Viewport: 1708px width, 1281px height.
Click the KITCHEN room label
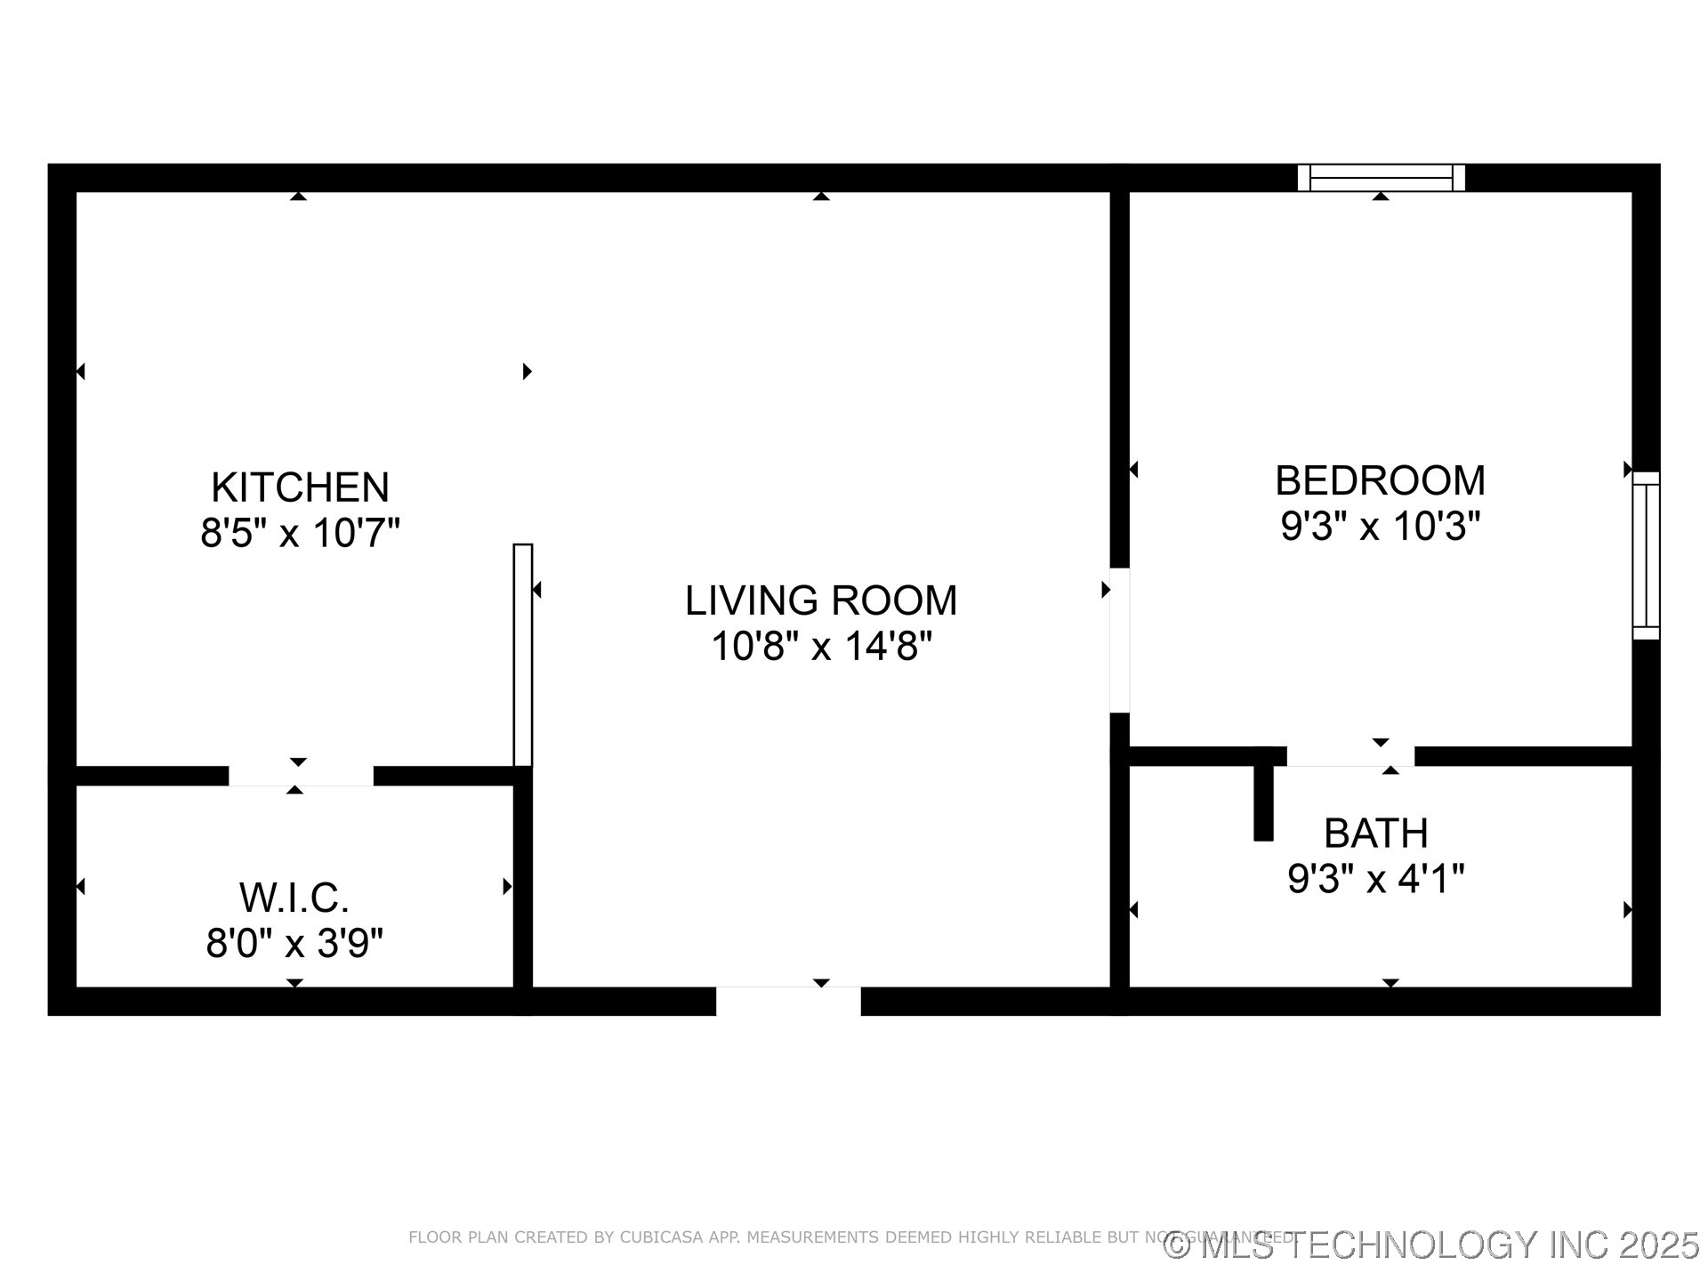click(x=300, y=487)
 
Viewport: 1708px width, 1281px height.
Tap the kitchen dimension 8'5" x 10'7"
click(x=300, y=534)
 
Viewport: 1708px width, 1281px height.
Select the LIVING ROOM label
click(x=820, y=600)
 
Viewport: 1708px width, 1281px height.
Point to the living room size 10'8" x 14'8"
click(x=820, y=646)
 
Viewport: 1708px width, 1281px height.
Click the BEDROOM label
click(x=1380, y=481)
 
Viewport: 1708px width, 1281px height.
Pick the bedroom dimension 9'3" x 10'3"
click(x=1380, y=526)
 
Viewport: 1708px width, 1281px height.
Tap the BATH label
click(x=1375, y=834)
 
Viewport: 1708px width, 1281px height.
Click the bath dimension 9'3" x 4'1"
click(x=1375, y=879)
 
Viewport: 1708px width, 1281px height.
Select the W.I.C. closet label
click(x=294, y=898)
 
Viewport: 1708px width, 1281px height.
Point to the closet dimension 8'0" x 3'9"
click(x=294, y=943)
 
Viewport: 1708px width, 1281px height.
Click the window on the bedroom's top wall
click(x=1381, y=178)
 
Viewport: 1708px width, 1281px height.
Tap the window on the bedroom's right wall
click(x=1646, y=555)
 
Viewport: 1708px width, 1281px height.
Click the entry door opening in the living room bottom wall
click(x=788, y=1001)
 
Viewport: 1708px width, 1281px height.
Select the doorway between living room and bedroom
click(x=1119, y=640)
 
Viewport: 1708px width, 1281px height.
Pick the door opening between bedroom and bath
click(x=1350, y=756)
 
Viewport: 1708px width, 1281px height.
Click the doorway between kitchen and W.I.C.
click(x=301, y=775)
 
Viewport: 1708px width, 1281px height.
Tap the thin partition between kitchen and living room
click(x=523, y=655)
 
